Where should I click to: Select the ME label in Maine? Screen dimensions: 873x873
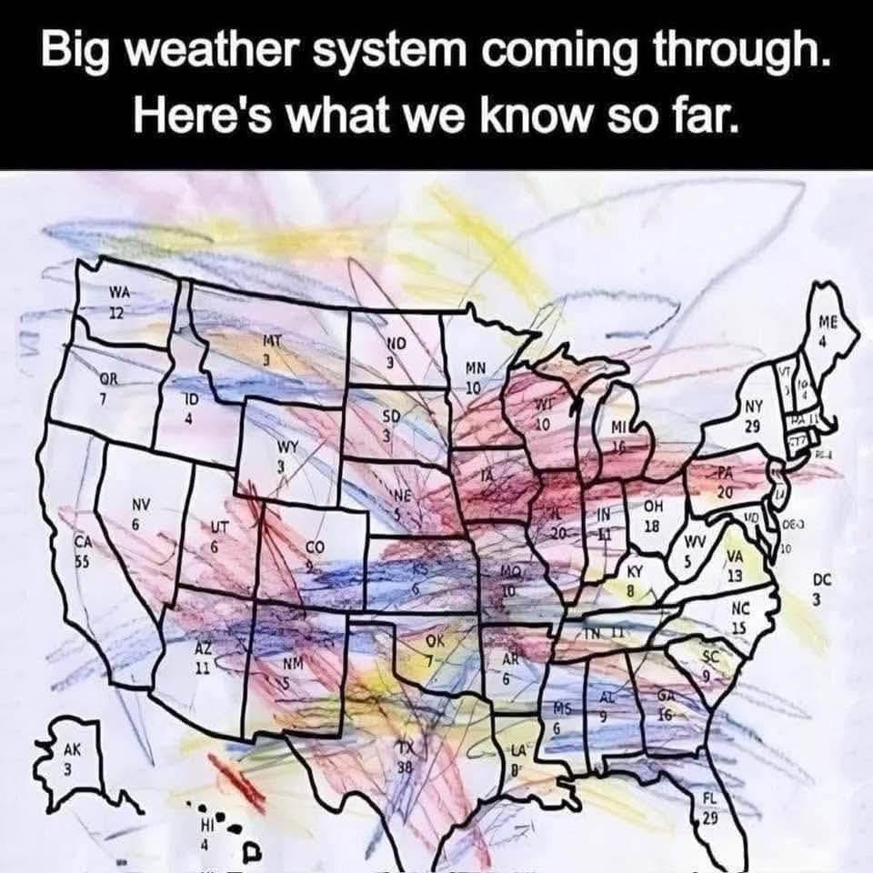826,323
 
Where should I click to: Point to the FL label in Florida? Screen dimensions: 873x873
710,798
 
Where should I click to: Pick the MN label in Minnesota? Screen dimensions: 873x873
476,369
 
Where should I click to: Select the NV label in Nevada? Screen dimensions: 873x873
141,506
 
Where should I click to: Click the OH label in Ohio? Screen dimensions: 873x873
653,507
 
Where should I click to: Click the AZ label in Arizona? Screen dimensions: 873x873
205,647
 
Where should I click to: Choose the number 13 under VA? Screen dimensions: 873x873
735,577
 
